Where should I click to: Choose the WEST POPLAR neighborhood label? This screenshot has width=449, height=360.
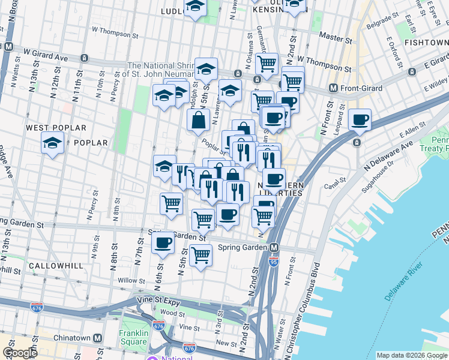(x=56, y=128)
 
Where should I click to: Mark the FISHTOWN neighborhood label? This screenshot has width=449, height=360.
(x=426, y=43)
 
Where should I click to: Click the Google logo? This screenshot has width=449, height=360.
(x=20, y=353)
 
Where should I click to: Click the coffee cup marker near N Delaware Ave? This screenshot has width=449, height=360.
(x=360, y=121)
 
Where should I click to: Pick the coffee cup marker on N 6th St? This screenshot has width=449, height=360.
(x=163, y=243)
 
